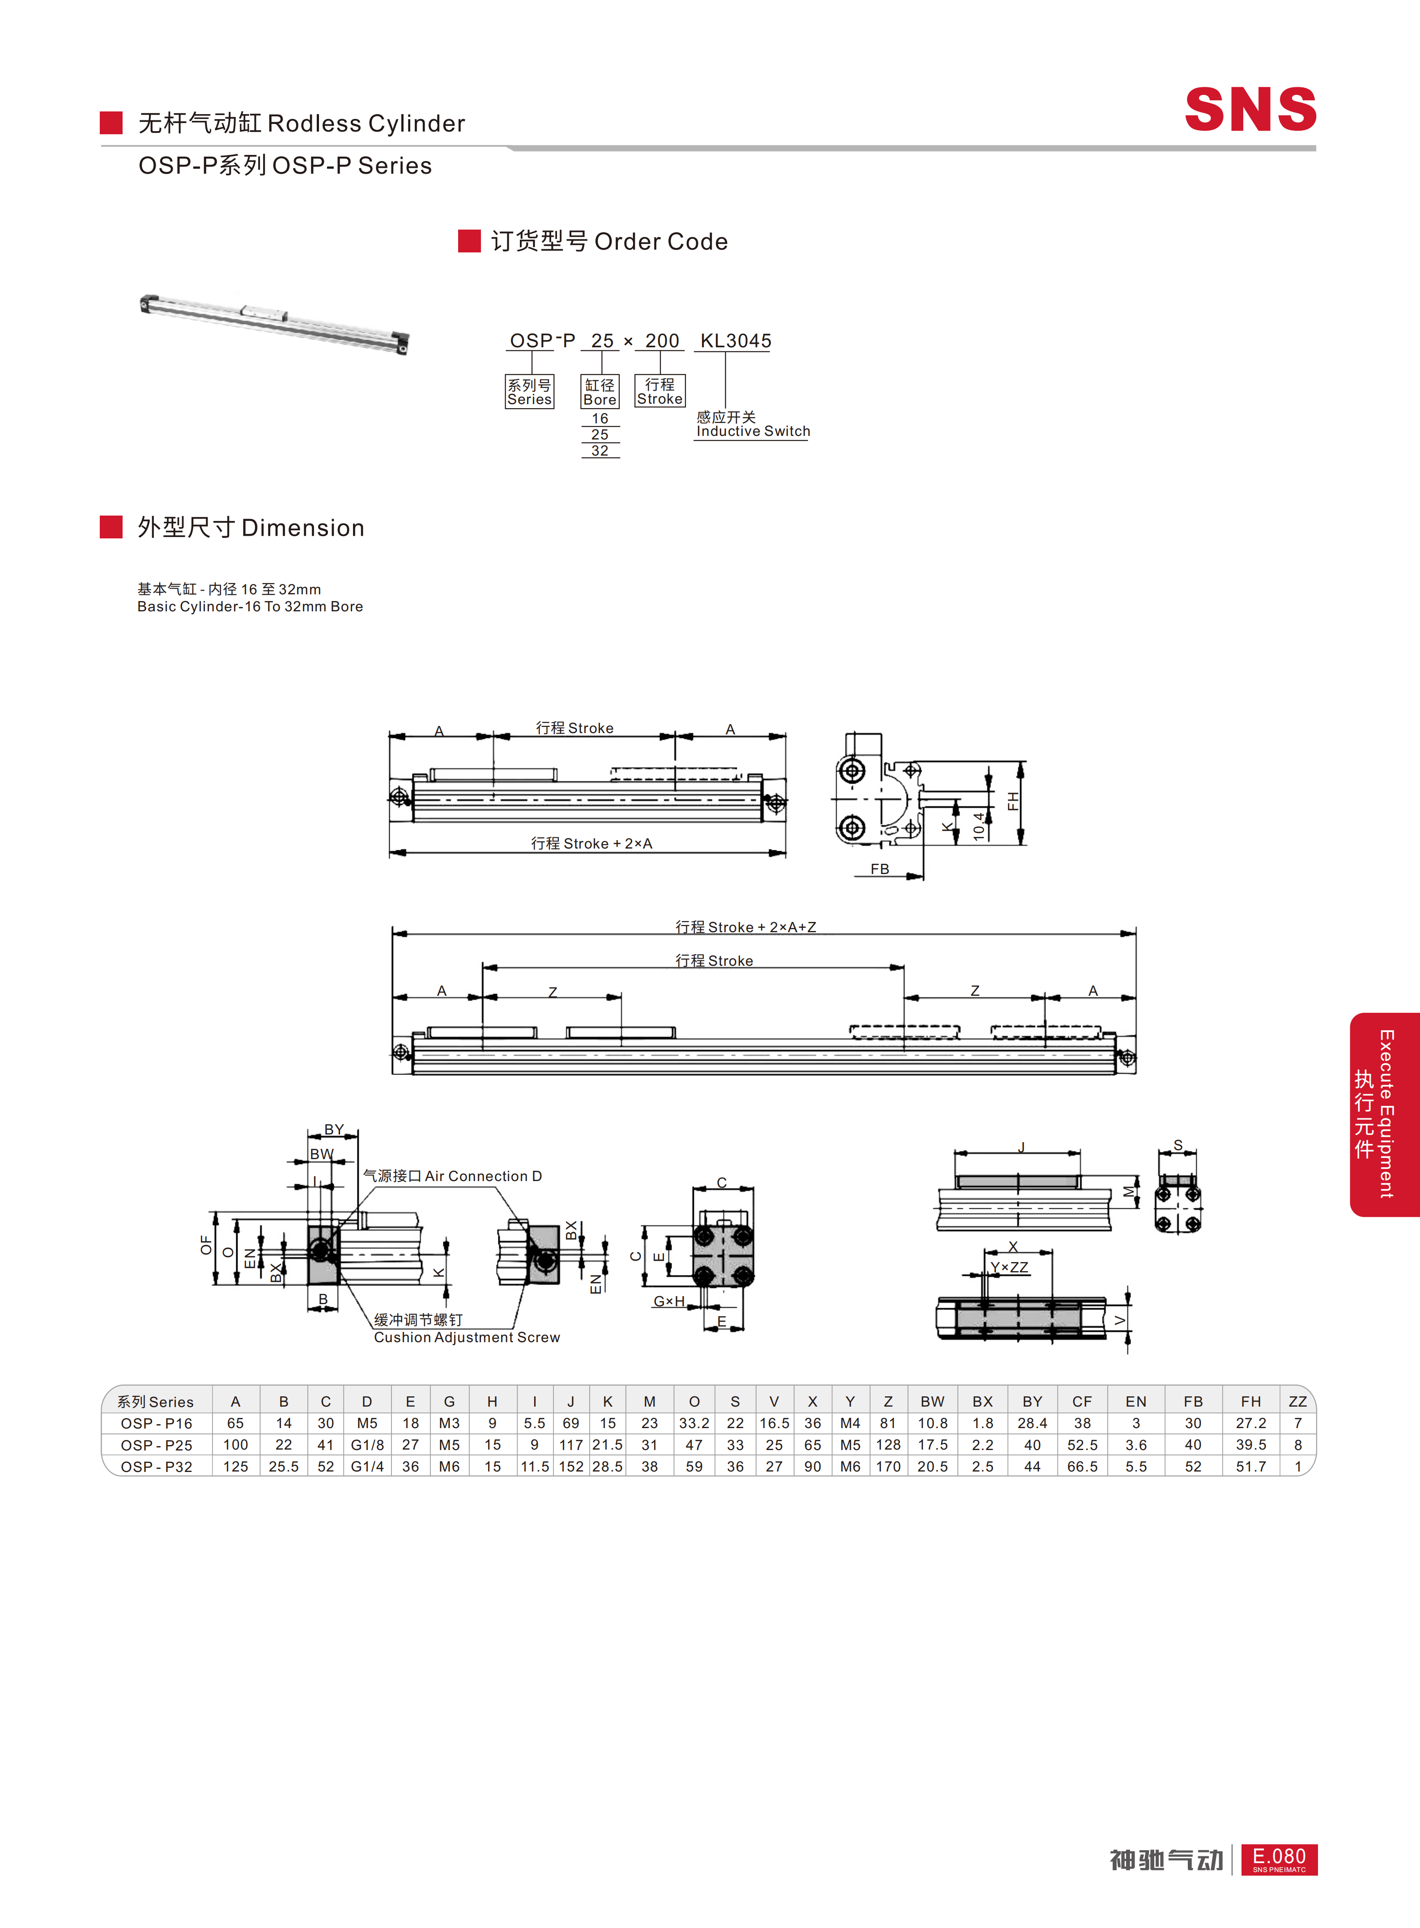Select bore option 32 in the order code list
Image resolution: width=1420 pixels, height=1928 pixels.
coord(600,451)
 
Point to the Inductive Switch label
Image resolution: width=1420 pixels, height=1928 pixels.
coord(753,432)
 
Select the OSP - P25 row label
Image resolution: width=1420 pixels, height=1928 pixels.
coord(157,1445)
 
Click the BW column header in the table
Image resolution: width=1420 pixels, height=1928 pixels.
coord(933,1401)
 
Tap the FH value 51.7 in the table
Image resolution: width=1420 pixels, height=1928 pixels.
coord(1251,1466)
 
